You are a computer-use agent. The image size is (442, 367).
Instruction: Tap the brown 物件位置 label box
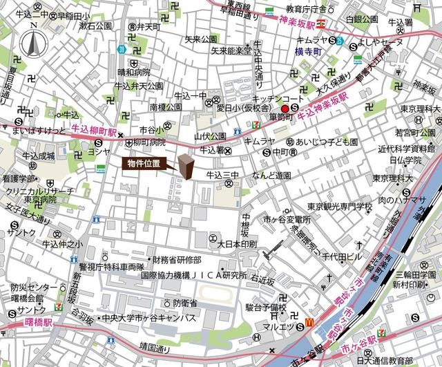pos(146,164)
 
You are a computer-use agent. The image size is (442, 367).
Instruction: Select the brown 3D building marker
pos(186,168)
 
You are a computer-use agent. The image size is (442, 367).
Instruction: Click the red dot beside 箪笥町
pos(285,109)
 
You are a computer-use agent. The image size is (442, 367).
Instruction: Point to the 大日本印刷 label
pos(237,244)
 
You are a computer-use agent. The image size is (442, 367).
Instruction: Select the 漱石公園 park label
pos(95,26)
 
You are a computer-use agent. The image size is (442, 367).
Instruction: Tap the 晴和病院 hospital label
pos(133,71)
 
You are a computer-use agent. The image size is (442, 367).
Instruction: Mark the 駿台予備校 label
pos(265,306)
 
